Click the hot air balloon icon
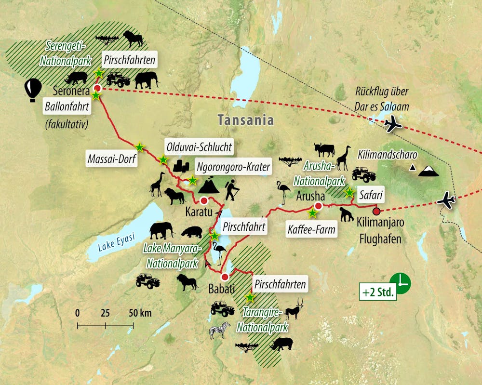32,90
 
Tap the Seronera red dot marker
97,88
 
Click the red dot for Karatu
204,200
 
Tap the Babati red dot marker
225,277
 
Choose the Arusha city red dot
318,206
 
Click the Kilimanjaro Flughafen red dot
376,211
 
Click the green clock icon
400,282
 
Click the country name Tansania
245,120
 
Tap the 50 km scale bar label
140,313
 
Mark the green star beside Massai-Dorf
139,146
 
